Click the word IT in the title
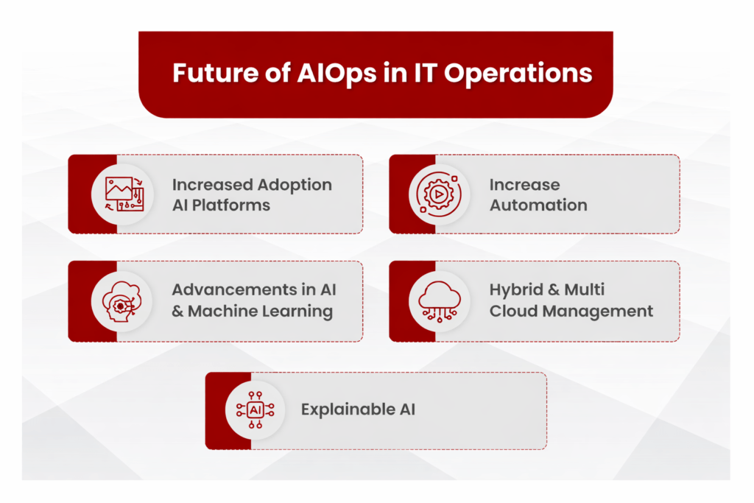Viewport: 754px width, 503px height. point(423,73)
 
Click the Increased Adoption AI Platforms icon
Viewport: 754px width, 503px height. point(124,194)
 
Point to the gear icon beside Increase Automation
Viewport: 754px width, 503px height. point(439,194)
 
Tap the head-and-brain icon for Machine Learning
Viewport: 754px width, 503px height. point(121,301)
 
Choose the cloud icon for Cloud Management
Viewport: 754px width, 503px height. point(440,301)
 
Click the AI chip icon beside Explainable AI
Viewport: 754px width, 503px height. point(256,409)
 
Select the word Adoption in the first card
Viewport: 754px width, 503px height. point(295,185)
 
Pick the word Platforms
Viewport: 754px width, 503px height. point(230,205)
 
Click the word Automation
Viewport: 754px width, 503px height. point(538,205)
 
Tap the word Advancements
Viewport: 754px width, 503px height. point(235,290)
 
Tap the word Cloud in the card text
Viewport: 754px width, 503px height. point(513,311)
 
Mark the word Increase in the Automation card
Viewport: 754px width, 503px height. point(524,185)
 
